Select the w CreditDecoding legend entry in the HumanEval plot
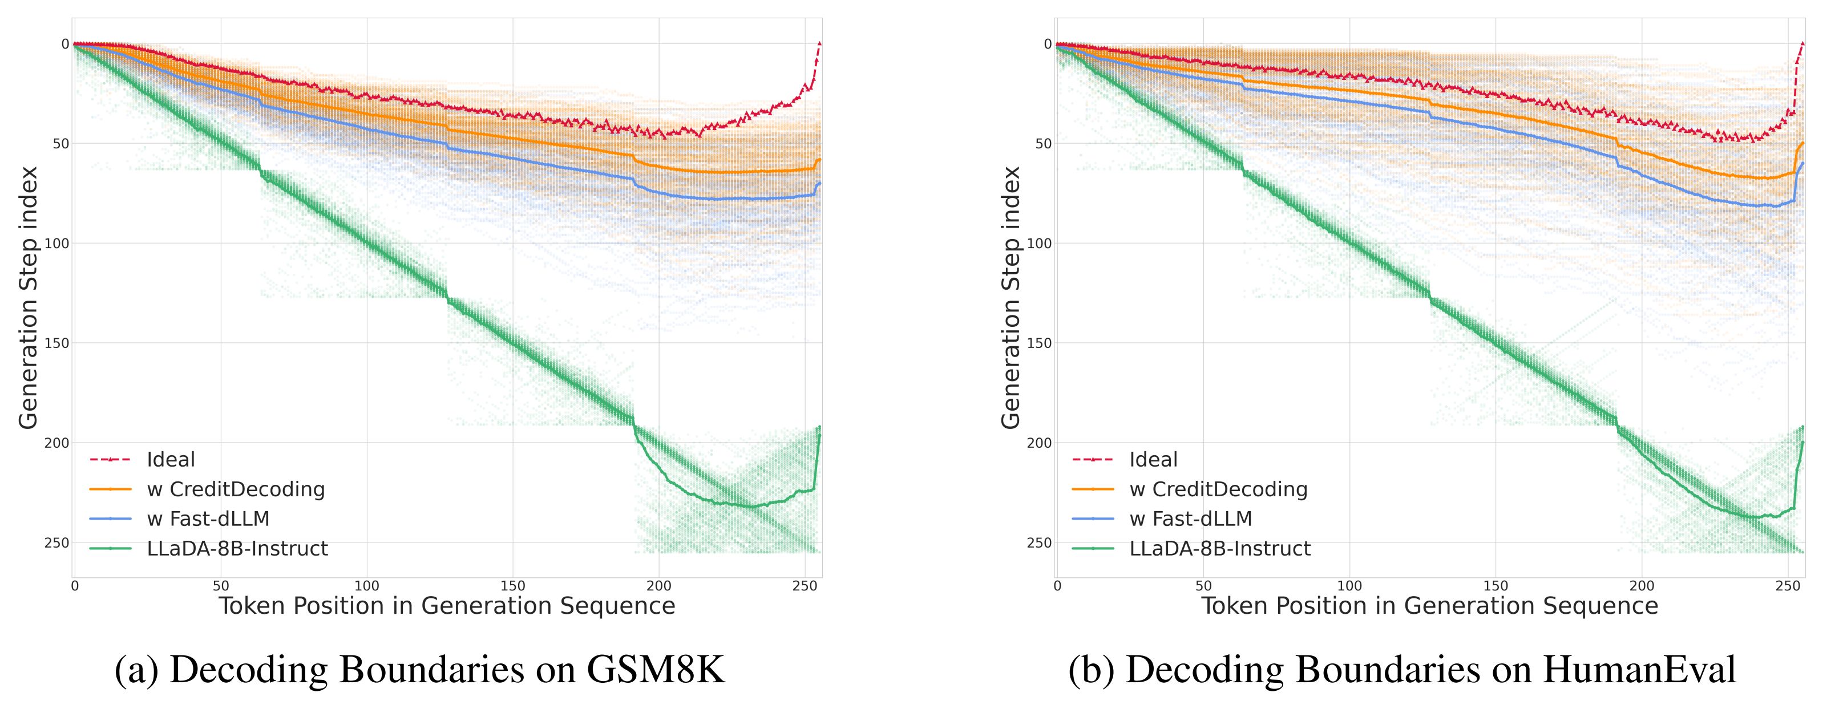tap(1218, 489)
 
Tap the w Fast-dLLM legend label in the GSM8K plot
tap(208, 519)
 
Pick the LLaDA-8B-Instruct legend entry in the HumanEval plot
tap(1219, 549)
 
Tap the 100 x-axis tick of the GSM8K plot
tap(367, 586)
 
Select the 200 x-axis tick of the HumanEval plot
tap(1642, 586)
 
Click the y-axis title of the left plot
tap(29, 298)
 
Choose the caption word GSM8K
tap(656, 670)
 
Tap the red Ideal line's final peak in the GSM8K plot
tap(820, 43)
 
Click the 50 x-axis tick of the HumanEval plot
tap(1203, 586)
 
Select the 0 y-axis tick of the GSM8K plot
tap(65, 44)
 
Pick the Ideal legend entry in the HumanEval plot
tap(1153, 460)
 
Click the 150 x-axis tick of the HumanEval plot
tap(1495, 586)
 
